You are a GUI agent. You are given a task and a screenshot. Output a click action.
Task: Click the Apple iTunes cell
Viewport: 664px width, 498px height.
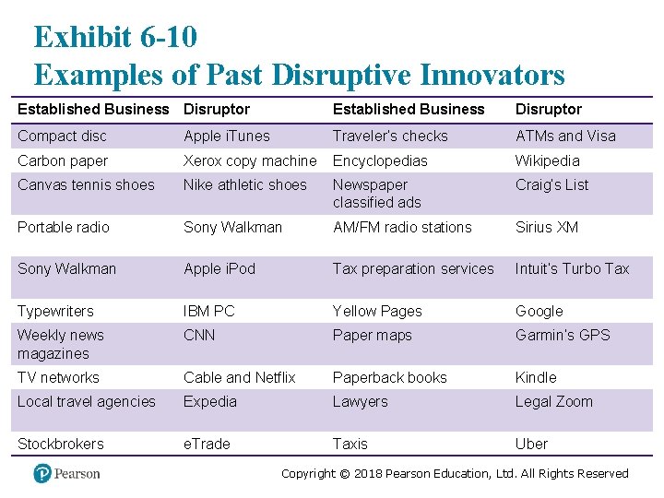[227, 136]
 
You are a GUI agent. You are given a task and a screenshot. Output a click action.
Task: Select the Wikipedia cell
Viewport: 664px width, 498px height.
[548, 160]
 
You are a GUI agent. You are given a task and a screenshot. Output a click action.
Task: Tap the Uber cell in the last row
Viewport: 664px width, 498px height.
[531, 444]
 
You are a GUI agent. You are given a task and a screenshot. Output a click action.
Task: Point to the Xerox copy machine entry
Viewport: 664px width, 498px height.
[250, 160]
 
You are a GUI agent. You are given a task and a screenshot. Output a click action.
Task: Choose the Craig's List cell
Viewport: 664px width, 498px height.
[551, 184]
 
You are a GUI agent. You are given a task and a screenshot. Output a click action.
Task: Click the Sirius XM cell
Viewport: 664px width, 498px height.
[547, 227]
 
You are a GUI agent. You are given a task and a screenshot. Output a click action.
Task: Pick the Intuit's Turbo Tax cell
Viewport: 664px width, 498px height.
[572, 268]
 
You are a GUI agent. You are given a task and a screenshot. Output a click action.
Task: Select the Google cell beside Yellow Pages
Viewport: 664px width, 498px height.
[539, 311]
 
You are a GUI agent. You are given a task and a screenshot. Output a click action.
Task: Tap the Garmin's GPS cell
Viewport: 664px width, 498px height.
[563, 335]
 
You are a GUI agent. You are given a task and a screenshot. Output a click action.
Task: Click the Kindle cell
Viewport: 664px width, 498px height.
[536, 377]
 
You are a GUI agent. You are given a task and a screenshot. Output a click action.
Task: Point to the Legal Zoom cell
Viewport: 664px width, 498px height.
[553, 401]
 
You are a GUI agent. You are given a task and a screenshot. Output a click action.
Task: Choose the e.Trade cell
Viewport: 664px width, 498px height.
[207, 444]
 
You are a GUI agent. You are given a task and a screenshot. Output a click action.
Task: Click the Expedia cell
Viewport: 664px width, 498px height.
[210, 401]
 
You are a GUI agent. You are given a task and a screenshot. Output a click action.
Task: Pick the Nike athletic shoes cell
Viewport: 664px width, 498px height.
[245, 184]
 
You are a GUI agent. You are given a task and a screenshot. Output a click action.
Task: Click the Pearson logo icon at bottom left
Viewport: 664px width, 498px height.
[41, 473]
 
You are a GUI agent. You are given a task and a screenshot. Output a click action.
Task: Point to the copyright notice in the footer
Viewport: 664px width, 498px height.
[455, 473]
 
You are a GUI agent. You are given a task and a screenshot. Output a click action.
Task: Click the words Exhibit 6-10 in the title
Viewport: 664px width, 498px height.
[115, 37]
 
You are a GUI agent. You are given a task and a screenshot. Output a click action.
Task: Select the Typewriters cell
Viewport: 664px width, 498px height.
[55, 311]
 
